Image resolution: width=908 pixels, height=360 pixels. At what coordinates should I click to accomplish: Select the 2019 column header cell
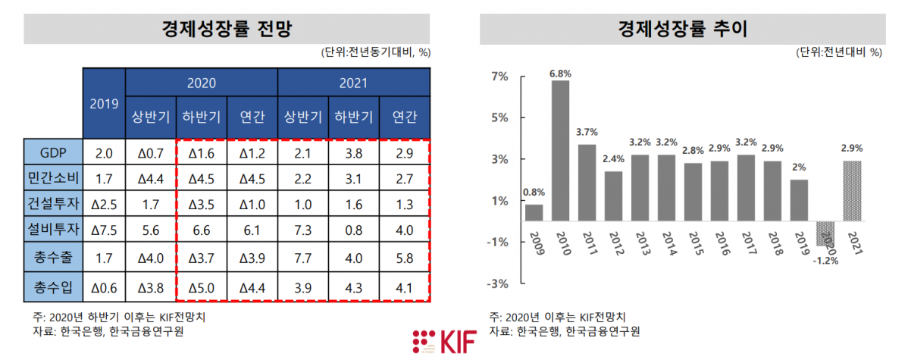[x=104, y=103]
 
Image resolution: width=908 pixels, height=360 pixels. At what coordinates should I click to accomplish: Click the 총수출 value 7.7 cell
[x=302, y=258]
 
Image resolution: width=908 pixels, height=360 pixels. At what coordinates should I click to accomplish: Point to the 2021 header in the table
[x=353, y=82]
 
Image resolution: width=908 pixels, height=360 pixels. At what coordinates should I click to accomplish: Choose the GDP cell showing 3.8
[x=353, y=153]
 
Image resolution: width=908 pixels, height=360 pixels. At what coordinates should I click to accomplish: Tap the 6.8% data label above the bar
[x=560, y=74]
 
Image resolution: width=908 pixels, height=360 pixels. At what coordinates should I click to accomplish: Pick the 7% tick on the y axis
[x=499, y=77]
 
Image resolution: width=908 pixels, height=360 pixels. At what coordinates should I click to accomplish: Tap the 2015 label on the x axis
[x=693, y=243]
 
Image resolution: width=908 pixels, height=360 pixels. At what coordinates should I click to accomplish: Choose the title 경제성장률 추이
[x=682, y=30]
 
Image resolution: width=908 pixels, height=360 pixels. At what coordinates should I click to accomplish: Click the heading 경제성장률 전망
[x=227, y=30]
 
